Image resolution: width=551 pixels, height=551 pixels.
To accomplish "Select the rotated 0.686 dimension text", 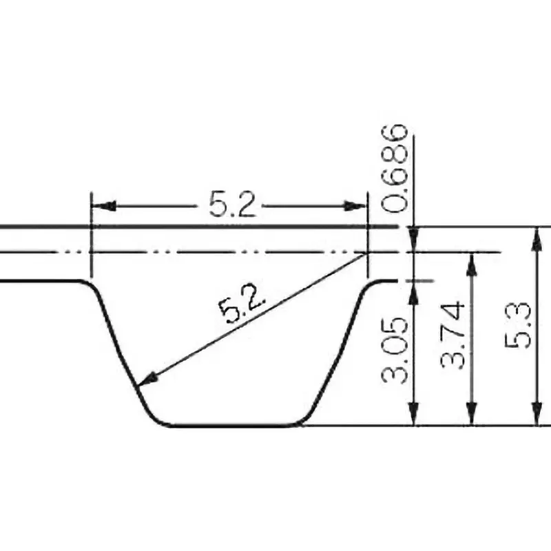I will click(395, 168).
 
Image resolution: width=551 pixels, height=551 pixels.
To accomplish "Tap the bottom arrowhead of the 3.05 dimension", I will click(414, 416).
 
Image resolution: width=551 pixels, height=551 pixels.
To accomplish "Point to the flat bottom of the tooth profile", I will click(234, 425).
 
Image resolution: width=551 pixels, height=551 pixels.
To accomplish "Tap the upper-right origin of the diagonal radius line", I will click(367, 253).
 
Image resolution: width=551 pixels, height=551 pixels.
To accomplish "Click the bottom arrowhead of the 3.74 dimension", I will click(472, 416).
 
